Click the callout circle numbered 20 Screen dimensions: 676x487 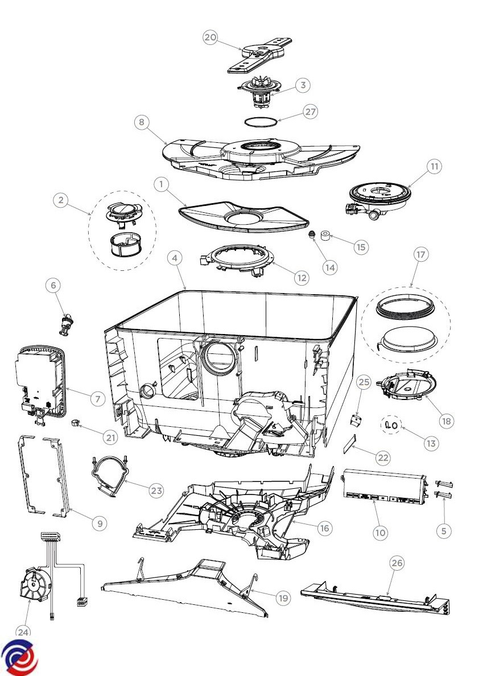(211, 38)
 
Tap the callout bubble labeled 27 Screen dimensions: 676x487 (310, 112)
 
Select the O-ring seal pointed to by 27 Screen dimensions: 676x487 (262, 121)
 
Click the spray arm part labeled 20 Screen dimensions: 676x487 (261, 55)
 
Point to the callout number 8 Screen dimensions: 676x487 (142, 122)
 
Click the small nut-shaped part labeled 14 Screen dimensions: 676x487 (312, 235)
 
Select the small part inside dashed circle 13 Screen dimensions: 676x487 (390, 424)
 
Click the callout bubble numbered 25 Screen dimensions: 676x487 (364, 382)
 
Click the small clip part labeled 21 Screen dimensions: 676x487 (74, 423)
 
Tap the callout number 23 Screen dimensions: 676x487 (156, 490)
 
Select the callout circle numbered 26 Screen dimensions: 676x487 (397, 563)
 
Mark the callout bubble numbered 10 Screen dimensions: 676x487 (380, 533)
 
